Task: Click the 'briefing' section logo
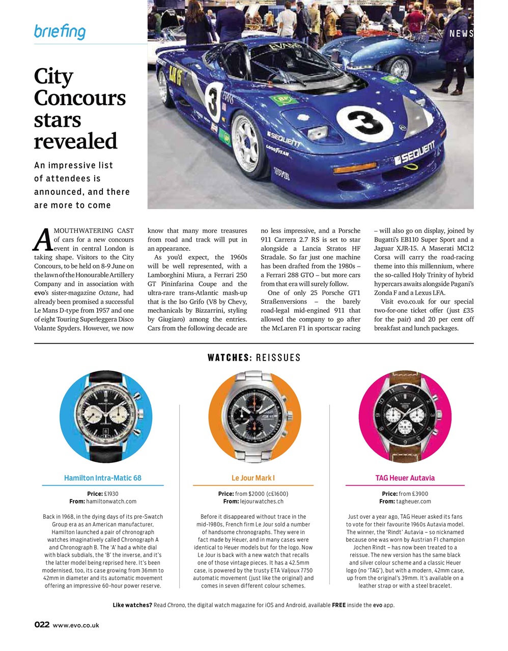60,32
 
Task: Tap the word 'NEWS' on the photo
461,34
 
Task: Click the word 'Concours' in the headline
80,98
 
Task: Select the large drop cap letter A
43,240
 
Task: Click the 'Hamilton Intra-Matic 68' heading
103,478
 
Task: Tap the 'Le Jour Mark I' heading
253,478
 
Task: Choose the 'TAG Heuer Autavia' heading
405,478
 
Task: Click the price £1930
111,494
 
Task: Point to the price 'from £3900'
413,494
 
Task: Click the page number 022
42,625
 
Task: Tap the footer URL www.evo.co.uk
76,626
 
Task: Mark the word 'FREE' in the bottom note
339,605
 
